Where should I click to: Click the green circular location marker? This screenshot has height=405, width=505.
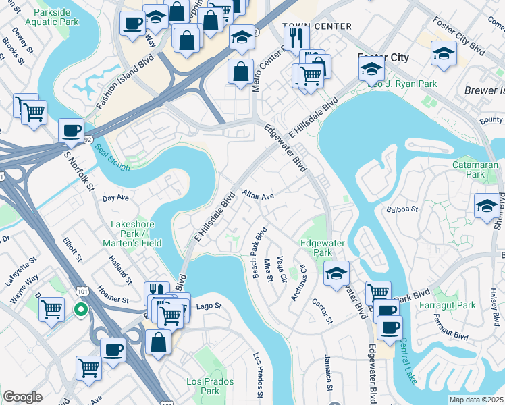point(80,310)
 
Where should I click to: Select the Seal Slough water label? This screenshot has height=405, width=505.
point(112,157)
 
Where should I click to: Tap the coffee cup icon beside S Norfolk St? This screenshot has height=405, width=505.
point(71,131)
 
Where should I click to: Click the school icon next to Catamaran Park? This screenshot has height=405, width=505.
point(487,206)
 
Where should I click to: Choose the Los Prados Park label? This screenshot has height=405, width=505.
point(211,386)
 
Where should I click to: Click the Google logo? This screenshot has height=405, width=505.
point(22,397)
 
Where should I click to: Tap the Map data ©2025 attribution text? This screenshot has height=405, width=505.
point(476,400)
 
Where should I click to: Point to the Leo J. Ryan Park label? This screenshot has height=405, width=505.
point(402,84)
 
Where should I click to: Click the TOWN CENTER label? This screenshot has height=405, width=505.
point(317,26)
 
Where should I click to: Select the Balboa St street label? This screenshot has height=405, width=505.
point(403,209)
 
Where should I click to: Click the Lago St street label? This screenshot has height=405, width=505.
point(209,306)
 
